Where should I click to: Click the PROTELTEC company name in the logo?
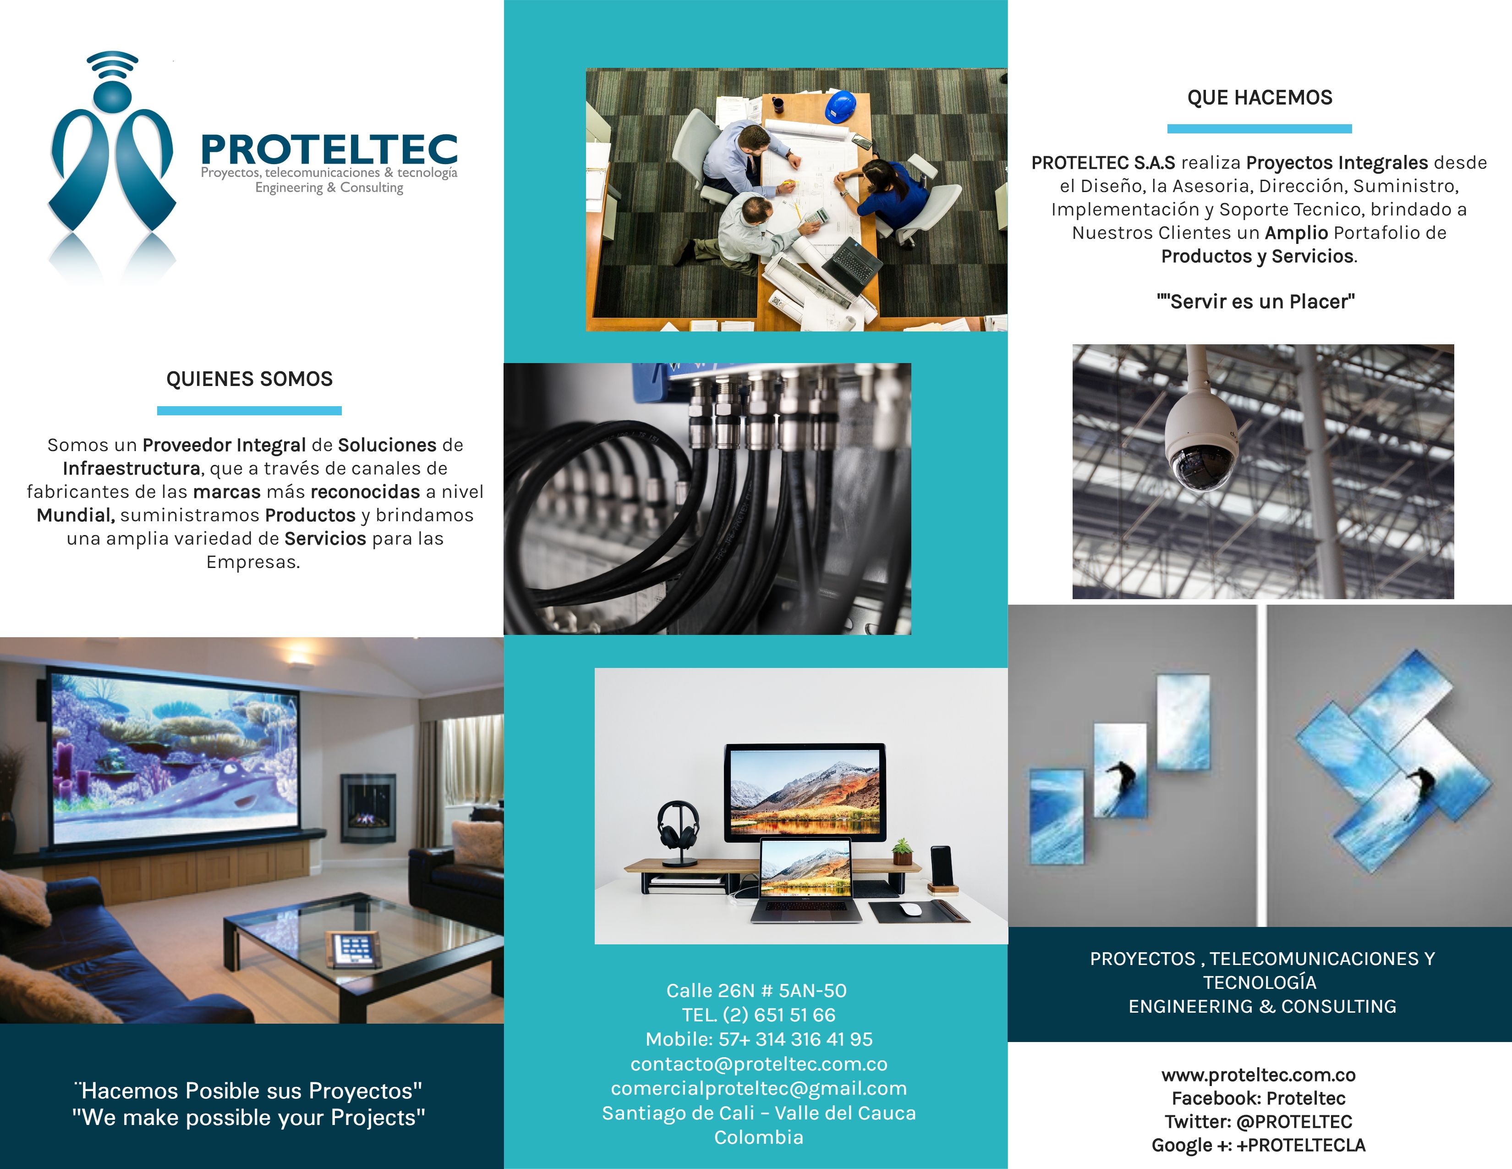pyautogui.click(x=329, y=149)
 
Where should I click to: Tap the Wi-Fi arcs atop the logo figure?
pyautogui.click(x=112, y=64)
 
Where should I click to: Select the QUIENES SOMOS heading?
pyautogui.click(x=249, y=379)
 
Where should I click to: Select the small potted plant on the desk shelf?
pyautogui.click(x=901, y=852)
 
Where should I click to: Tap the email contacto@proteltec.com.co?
pyautogui.click(x=759, y=1064)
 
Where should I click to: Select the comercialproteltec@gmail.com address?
pyautogui.click(x=759, y=1088)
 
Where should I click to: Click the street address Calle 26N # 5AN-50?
pyautogui.click(x=757, y=990)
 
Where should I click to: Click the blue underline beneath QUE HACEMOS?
pyautogui.click(x=1259, y=129)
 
